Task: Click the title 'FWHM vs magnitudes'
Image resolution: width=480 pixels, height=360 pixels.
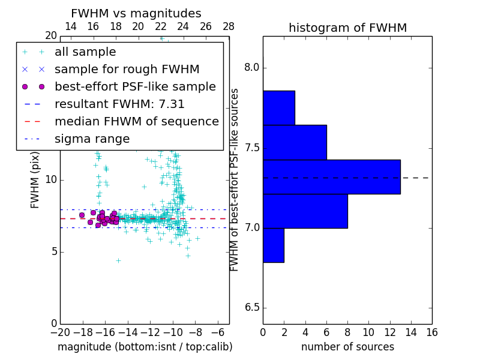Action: [136, 14]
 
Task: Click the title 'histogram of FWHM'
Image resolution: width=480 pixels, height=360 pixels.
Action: [347, 28]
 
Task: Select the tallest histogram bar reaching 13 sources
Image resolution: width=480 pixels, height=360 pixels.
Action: [331, 177]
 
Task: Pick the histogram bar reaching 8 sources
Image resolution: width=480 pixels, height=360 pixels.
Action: [305, 211]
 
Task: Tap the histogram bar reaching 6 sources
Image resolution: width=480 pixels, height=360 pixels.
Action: [295, 142]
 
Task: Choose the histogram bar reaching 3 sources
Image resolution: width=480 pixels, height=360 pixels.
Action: [278, 108]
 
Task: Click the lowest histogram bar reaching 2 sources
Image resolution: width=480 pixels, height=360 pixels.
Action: [273, 245]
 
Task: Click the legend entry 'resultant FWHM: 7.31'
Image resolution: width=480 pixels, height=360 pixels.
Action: [119, 104]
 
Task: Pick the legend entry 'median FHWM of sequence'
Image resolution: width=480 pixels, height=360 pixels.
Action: [136, 121]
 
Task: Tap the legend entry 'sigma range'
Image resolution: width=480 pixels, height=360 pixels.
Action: [92, 139]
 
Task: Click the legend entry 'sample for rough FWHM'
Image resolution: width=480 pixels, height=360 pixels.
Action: [127, 69]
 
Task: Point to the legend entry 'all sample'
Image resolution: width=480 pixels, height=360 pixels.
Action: [85, 52]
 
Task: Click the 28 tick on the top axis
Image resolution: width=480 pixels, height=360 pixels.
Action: [229, 26]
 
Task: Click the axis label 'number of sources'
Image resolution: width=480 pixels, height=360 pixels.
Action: [347, 347]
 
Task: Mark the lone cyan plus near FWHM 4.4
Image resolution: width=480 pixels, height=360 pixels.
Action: [118, 260]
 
